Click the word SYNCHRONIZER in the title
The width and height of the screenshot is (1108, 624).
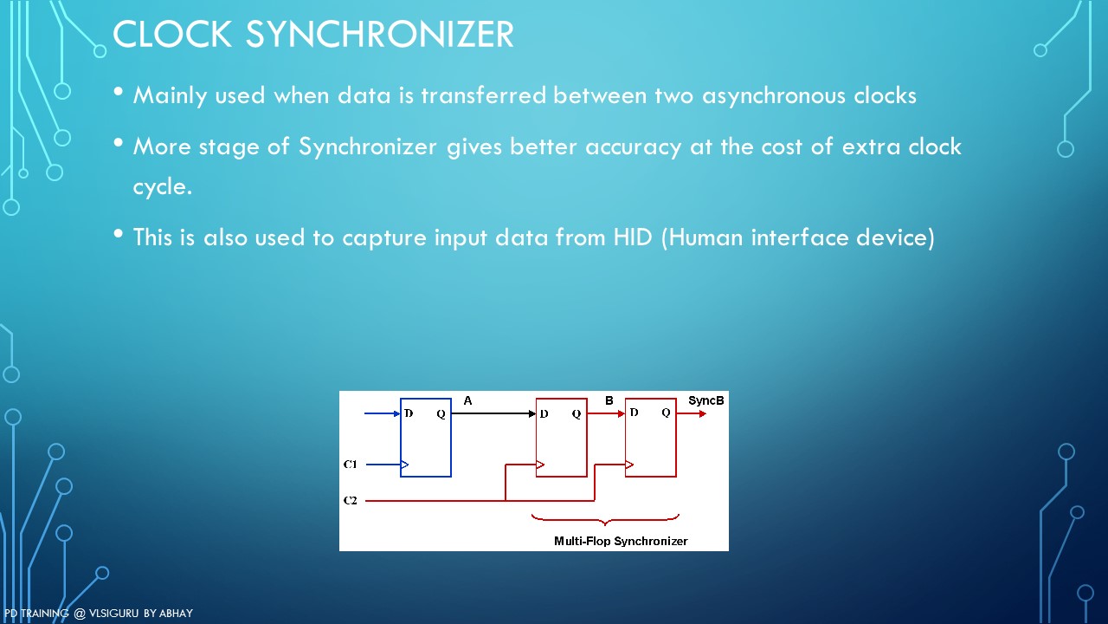(x=380, y=34)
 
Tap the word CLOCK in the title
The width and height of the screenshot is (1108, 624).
(x=172, y=34)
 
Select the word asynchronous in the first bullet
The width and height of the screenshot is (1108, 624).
(x=774, y=95)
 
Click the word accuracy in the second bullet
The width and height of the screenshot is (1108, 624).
(x=633, y=146)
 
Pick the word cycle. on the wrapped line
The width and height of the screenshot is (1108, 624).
(x=162, y=187)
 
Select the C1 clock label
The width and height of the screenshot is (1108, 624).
(x=351, y=465)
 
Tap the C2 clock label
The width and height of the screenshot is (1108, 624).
(x=351, y=501)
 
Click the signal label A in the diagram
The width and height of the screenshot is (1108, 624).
(x=467, y=400)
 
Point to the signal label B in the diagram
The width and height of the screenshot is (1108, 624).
(x=609, y=400)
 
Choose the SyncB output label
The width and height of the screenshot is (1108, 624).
(x=705, y=400)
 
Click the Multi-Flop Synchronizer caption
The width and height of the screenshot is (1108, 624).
(x=621, y=541)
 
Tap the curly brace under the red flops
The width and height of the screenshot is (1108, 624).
(x=605, y=519)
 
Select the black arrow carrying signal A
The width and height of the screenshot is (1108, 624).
(x=493, y=413)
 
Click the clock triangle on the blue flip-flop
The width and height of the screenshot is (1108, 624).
(x=404, y=465)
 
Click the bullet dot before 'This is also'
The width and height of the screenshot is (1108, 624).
(x=118, y=233)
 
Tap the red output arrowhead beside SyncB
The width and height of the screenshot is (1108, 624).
(x=702, y=413)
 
